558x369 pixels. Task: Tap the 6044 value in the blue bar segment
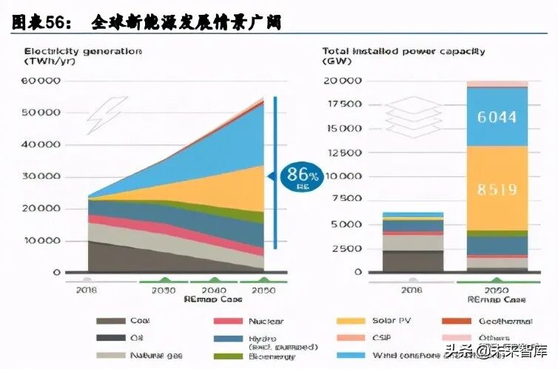coord(497,116)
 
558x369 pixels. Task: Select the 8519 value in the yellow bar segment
coord(497,189)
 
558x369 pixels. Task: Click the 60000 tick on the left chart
coord(42,80)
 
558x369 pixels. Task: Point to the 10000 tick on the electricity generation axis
coord(42,241)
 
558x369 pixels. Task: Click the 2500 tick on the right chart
coord(346,248)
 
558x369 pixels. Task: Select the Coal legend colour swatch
coord(110,322)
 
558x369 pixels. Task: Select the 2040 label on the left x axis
coord(212,290)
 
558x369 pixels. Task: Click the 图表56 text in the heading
coord(41,22)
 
